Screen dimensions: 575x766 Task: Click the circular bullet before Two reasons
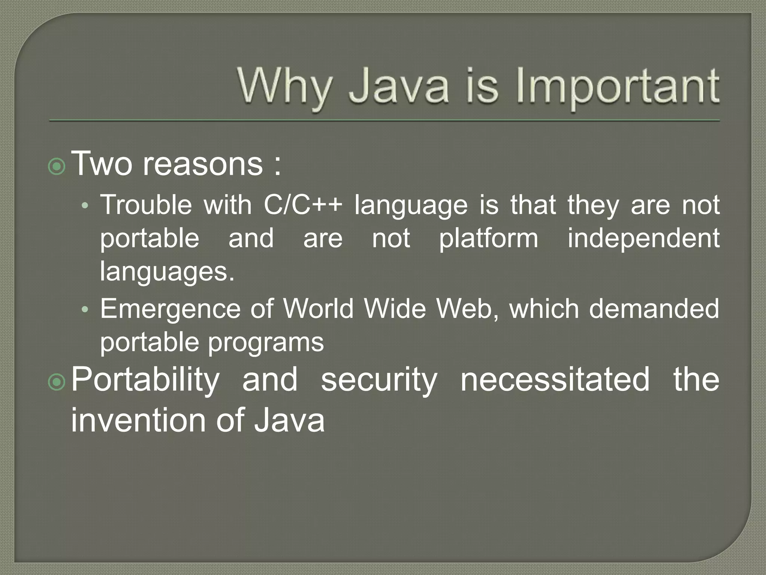pos(57,166)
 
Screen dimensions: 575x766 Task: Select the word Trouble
pos(146,205)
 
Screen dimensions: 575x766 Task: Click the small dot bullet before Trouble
pos(85,206)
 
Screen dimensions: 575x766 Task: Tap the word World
pos(318,309)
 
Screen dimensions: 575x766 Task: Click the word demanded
pos(654,309)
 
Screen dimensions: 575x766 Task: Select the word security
pos(379,380)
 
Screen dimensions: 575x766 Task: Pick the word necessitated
pos(555,380)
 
